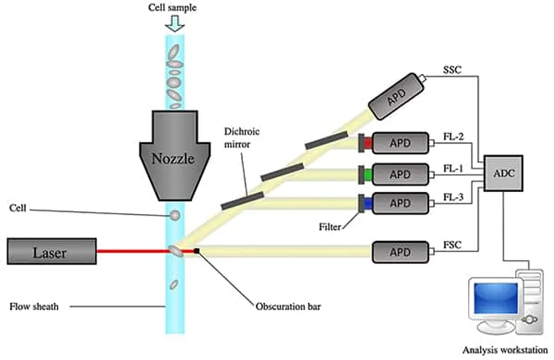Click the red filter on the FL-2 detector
(367, 142)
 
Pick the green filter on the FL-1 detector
(367, 174)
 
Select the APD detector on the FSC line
(400, 252)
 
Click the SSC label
(452, 70)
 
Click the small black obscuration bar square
(197, 252)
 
